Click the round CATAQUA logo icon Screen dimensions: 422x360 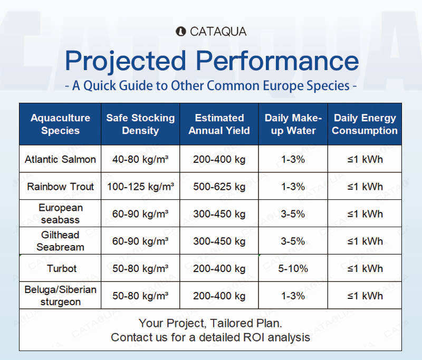click(180, 32)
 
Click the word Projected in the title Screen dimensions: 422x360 click(126, 61)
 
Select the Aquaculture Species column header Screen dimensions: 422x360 click(60, 124)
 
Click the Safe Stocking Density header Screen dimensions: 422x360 click(140, 124)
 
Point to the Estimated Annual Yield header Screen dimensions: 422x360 click(219, 124)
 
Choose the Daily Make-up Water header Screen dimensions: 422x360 click(293, 124)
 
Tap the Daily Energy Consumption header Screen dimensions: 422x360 click(365, 124)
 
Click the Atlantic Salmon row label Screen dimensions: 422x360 click(60, 159)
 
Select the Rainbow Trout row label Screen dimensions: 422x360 click(60, 187)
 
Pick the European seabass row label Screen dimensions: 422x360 click(60, 214)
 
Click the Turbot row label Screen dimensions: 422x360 click(62, 269)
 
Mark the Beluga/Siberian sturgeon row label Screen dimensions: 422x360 click(60, 296)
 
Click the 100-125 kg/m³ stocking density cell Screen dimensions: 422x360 click(140, 187)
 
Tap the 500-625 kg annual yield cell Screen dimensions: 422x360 click(219, 187)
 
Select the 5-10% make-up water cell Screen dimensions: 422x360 click(293, 269)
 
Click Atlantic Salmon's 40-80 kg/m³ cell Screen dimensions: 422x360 click(140, 159)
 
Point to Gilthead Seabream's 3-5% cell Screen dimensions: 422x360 click(293, 241)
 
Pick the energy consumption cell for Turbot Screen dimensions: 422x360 click(365, 269)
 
